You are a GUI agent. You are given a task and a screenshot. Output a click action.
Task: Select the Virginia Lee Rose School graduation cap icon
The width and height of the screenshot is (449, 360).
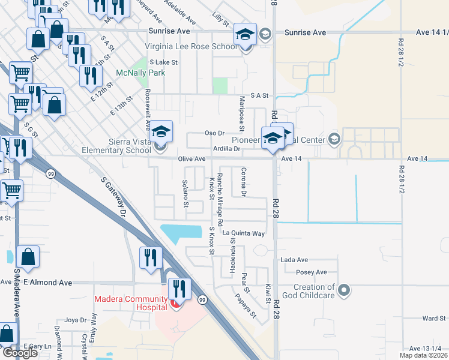[x=245, y=35]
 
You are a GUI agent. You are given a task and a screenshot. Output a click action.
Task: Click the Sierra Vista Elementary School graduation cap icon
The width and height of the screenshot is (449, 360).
[x=160, y=131]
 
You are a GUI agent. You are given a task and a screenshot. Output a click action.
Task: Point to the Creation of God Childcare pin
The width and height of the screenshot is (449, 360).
[x=343, y=292]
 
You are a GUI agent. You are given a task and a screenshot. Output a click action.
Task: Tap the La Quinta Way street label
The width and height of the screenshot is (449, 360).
[x=243, y=233]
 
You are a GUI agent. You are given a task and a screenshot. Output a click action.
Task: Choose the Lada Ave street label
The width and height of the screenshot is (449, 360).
[x=294, y=260]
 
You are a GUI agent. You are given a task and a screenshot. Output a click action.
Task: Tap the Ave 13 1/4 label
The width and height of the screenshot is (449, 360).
[x=425, y=348]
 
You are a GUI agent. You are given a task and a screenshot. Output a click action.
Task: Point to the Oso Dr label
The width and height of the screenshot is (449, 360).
[x=214, y=133]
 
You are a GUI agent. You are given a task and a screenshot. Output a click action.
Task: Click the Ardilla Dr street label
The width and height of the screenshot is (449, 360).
[x=226, y=148]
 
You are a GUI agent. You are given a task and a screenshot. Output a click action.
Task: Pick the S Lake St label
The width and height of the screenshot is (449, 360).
[x=164, y=62]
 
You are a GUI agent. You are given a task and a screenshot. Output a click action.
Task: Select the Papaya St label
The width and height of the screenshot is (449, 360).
[x=246, y=305]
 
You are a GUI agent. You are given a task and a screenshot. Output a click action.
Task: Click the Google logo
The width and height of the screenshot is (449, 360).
[x=20, y=353]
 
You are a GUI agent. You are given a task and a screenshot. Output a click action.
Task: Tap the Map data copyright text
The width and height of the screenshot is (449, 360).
[x=423, y=355]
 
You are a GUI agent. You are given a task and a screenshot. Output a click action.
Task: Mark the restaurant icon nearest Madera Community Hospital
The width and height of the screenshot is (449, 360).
[x=179, y=290]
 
